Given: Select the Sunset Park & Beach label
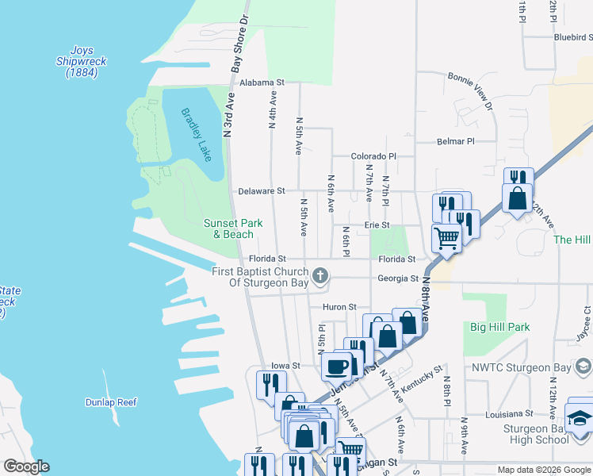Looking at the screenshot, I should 228,228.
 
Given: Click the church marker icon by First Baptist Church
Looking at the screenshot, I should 320,276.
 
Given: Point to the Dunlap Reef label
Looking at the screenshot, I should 111,402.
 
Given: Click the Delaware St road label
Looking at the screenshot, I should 262,191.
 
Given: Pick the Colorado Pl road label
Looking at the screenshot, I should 373,157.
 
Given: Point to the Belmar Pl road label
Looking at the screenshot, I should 455,141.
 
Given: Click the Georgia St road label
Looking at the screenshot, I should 398,278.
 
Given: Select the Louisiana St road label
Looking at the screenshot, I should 509,413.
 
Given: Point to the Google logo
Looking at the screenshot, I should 26,466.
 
